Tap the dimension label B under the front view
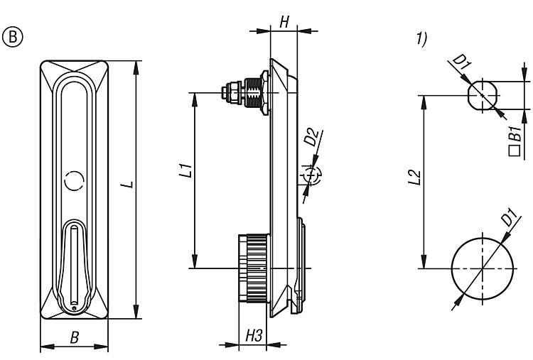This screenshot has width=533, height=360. (x=74, y=339)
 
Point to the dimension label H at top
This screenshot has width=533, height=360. (x=284, y=21)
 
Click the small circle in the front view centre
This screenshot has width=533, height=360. (x=74, y=182)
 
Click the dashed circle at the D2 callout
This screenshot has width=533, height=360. (x=314, y=175)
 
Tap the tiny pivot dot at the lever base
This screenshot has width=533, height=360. (x=73, y=307)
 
